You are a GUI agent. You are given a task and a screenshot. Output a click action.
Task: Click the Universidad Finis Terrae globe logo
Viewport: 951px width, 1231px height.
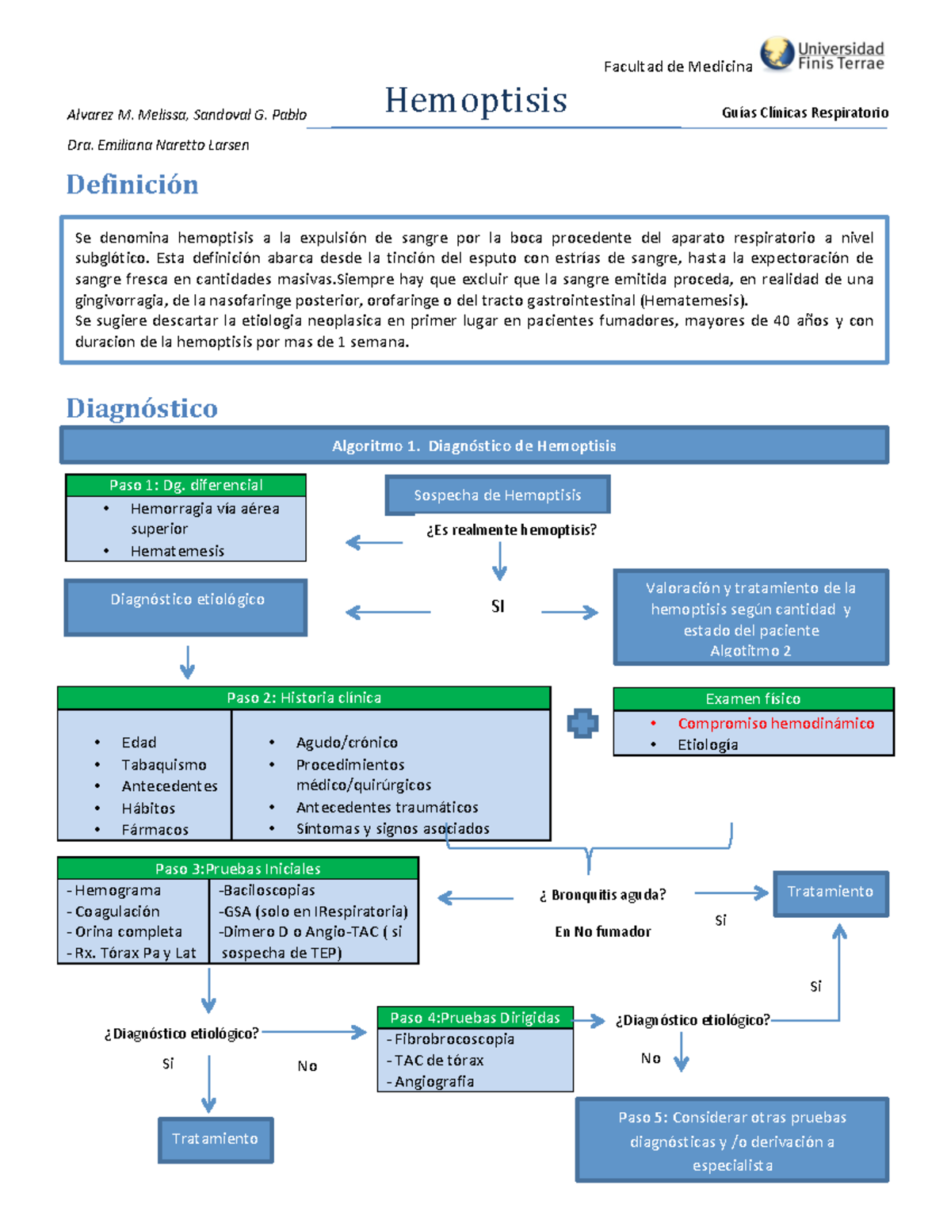tap(777, 54)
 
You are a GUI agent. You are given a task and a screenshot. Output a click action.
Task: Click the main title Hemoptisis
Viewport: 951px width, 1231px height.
tap(475, 101)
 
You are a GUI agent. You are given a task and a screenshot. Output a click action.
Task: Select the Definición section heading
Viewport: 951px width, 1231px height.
tap(132, 185)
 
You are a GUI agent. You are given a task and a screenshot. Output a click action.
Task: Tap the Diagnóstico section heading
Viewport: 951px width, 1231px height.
tap(142, 408)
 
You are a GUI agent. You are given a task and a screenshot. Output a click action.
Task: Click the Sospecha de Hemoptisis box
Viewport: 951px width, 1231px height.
tap(497, 495)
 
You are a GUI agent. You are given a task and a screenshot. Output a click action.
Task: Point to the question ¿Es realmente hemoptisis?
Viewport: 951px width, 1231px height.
tap(511, 529)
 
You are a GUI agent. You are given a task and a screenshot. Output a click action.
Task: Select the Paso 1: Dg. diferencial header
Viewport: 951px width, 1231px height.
tap(186, 485)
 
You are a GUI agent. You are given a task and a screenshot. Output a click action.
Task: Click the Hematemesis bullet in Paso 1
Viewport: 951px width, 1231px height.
tap(177, 551)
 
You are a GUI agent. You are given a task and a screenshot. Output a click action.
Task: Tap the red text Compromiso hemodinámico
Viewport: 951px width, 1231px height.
tap(775, 723)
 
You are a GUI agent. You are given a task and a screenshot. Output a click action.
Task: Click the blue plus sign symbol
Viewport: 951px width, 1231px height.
tap(582, 723)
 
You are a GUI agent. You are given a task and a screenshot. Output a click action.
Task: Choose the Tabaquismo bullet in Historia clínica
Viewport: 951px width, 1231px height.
tap(163, 765)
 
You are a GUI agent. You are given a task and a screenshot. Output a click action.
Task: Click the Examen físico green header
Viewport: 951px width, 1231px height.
tap(753, 699)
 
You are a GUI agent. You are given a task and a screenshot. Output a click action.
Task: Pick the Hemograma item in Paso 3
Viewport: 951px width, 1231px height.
tap(117, 891)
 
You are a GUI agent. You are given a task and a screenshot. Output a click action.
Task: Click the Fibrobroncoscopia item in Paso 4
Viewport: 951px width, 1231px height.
tap(453, 1039)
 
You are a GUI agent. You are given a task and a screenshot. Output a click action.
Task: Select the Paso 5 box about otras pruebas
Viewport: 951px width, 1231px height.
tap(731, 1140)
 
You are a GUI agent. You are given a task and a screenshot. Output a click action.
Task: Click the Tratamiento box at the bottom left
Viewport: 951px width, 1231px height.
tap(216, 1139)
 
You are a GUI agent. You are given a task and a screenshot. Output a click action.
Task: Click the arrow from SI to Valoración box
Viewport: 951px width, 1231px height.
tap(569, 612)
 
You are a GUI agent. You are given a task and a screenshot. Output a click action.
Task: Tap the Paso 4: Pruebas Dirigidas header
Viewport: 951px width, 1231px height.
tap(475, 1018)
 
